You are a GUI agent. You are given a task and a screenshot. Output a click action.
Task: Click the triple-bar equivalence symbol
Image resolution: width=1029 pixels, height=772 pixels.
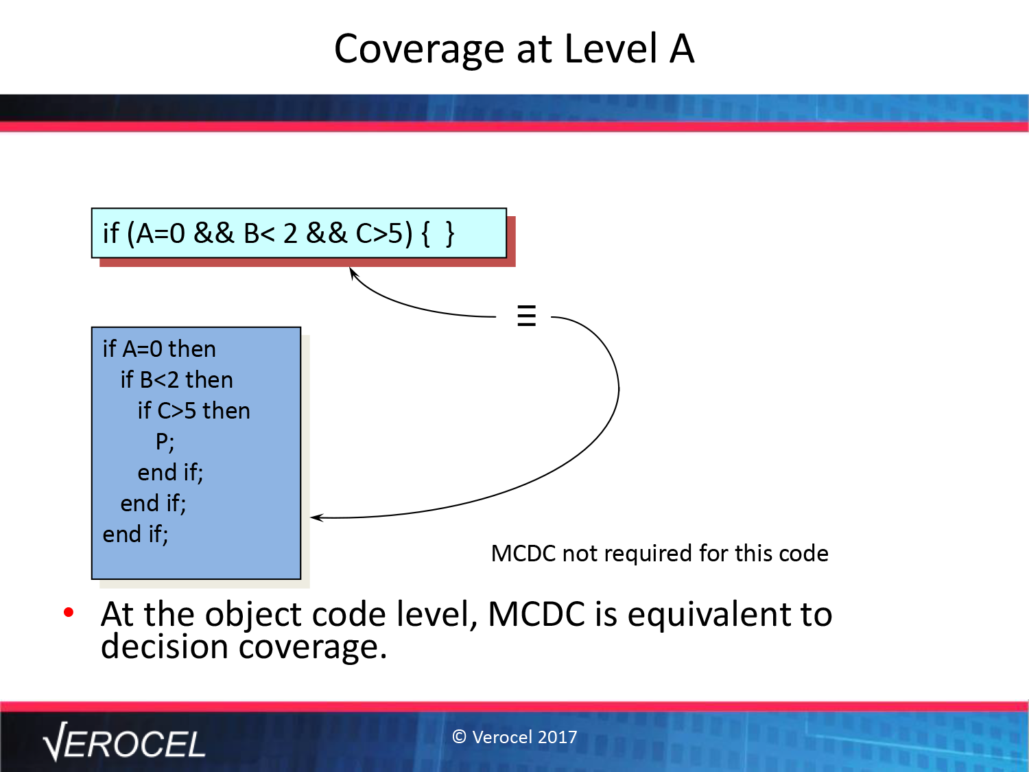pyautogui.click(x=526, y=316)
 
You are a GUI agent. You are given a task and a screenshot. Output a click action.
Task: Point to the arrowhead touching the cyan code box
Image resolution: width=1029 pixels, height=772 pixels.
pyautogui.click(x=353, y=273)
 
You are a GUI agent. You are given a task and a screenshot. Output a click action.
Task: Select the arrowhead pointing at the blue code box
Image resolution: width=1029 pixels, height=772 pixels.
pyautogui.click(x=317, y=517)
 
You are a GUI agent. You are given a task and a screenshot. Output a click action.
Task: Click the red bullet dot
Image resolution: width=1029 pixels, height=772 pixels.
pyautogui.click(x=69, y=612)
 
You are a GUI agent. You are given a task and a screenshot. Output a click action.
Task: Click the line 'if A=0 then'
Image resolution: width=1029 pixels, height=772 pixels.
pyautogui.click(x=159, y=349)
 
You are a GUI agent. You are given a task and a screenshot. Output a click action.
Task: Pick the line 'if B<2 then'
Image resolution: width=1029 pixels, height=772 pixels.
pyautogui.click(x=176, y=379)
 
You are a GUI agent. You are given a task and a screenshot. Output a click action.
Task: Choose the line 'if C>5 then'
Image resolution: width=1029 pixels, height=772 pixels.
pyautogui.click(x=193, y=410)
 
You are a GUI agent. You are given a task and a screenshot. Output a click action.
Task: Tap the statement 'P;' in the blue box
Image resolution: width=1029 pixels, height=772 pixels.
pyautogui.click(x=165, y=442)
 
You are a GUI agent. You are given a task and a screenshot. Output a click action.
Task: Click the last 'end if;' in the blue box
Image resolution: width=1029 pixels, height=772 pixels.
pyautogui.click(x=135, y=535)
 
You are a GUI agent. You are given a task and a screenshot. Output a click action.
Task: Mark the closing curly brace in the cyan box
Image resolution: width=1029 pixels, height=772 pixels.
pyautogui.click(x=450, y=233)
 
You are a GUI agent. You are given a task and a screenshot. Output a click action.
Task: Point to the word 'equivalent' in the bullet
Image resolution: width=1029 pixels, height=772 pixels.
pyautogui.click(x=709, y=614)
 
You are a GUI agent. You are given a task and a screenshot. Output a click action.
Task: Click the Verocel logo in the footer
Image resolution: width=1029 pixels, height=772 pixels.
pyautogui.click(x=123, y=742)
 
